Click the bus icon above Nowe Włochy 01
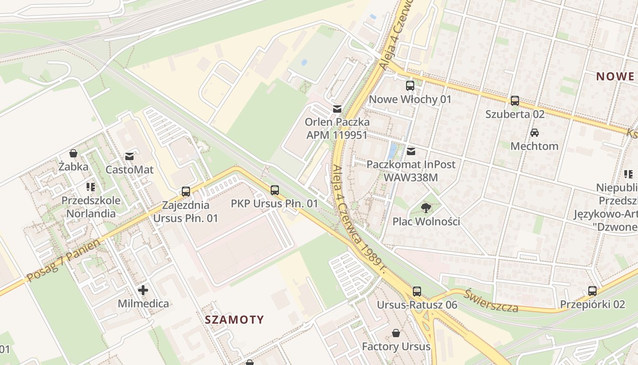[x=410, y=85]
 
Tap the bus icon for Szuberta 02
[x=515, y=100]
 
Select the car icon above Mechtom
[x=535, y=133]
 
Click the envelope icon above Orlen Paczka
[x=337, y=109]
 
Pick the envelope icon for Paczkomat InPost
[x=411, y=151]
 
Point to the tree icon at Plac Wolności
[x=426, y=208]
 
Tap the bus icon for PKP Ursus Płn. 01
[x=274, y=190]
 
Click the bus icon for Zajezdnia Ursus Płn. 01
[x=185, y=192]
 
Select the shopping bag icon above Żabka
[x=73, y=153]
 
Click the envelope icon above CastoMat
[x=129, y=156]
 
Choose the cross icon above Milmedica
[x=143, y=290]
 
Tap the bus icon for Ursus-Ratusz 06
[x=417, y=291]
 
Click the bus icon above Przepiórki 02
[x=592, y=291]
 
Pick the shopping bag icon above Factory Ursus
[x=396, y=333]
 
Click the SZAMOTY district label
[x=234, y=319]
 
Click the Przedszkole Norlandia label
[x=91, y=207]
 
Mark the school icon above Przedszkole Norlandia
[x=90, y=187]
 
